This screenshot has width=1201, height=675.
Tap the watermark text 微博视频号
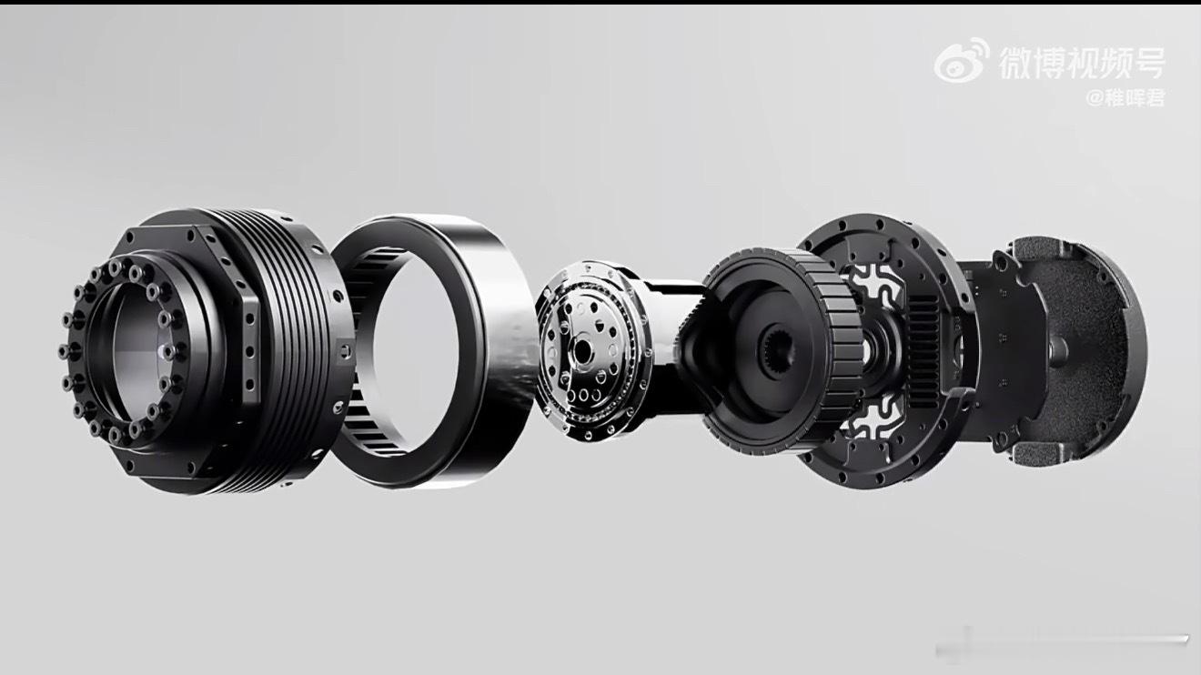1082,64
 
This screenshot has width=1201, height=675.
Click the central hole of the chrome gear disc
582,351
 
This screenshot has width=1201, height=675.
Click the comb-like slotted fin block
923,351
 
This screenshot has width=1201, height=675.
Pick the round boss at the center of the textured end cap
1058,349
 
